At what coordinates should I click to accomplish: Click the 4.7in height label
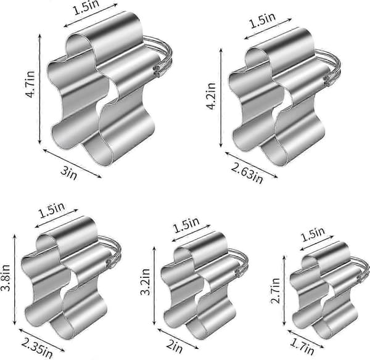30,84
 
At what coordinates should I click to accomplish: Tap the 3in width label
68,173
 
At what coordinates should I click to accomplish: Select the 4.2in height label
211,96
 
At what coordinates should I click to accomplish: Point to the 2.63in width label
247,174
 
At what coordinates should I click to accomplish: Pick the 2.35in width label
37,348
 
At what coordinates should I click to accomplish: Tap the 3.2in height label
145,282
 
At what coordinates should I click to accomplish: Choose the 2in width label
175,346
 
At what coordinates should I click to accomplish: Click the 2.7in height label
275,290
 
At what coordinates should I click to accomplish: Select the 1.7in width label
302,348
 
